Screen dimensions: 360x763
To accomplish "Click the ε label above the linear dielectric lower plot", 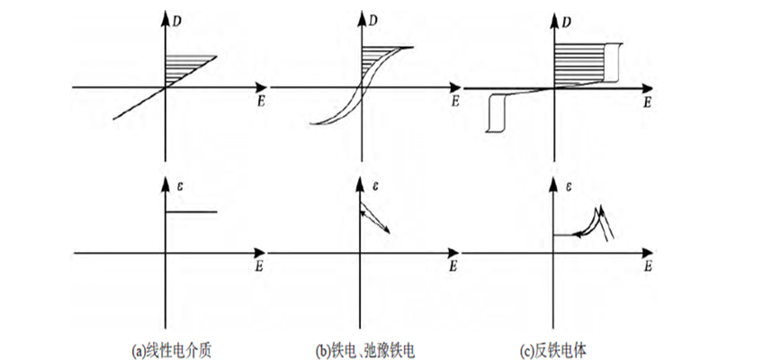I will click(180, 187).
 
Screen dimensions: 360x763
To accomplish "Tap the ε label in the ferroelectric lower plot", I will click(375, 187).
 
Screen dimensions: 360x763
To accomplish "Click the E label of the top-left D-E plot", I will click(259, 102).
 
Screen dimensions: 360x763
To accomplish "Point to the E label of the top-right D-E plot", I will click(646, 103).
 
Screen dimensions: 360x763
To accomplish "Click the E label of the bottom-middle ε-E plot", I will click(454, 268).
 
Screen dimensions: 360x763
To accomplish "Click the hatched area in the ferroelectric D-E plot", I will click(373, 63).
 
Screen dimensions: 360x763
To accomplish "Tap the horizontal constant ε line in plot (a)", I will click(191, 212).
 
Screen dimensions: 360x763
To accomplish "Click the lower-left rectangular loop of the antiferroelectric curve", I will click(495, 112).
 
